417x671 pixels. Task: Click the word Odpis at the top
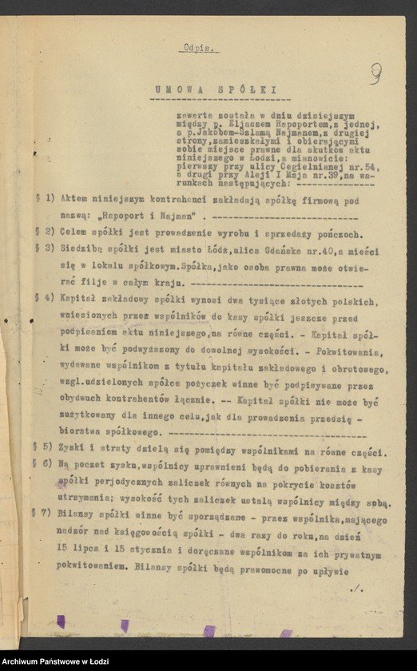point(197,47)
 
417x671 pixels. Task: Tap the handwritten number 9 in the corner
point(375,73)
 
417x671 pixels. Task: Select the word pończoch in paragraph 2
point(339,234)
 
